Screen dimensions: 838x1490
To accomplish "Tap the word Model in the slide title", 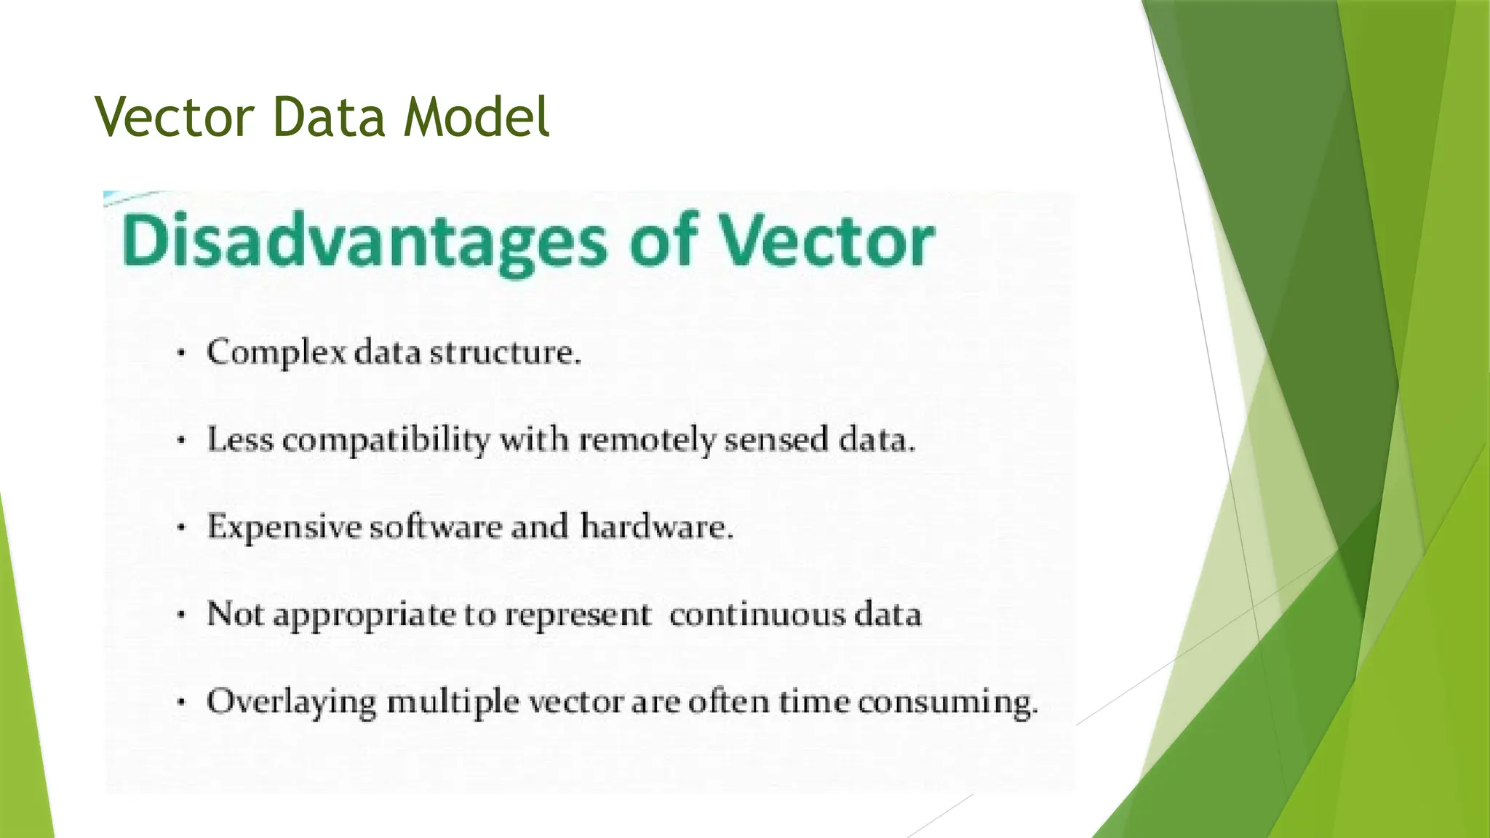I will click(x=477, y=117).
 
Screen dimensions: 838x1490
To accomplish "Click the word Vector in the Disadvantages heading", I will click(x=826, y=241).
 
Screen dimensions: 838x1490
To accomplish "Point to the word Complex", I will click(x=276, y=354).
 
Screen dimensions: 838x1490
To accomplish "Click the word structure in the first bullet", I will click(x=505, y=353).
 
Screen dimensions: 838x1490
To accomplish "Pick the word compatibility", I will click(x=386, y=441).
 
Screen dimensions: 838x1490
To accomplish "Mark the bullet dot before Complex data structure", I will click(x=182, y=354).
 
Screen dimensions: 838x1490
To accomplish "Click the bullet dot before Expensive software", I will click(x=182, y=529).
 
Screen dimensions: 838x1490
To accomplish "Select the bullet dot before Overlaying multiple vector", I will click(x=182, y=703).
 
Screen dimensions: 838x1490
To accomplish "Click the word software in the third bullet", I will click(x=435, y=527).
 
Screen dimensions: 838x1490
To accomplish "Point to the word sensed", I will click(x=776, y=440).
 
